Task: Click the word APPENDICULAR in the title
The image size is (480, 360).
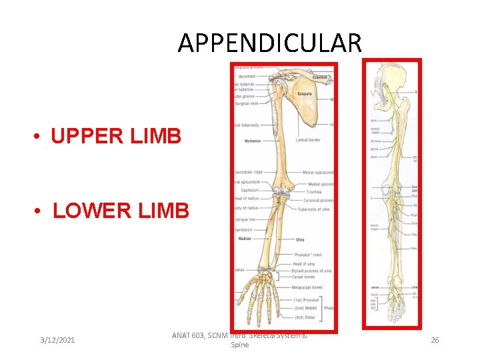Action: [270, 43]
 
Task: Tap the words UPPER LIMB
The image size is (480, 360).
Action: [116, 136]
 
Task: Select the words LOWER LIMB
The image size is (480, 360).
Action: [121, 211]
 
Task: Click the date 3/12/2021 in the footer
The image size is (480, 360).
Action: [57, 340]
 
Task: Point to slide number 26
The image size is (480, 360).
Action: [435, 340]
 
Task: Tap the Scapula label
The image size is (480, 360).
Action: [306, 93]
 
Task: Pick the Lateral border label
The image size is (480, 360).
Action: [309, 141]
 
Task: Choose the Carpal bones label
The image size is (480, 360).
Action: [306, 277]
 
